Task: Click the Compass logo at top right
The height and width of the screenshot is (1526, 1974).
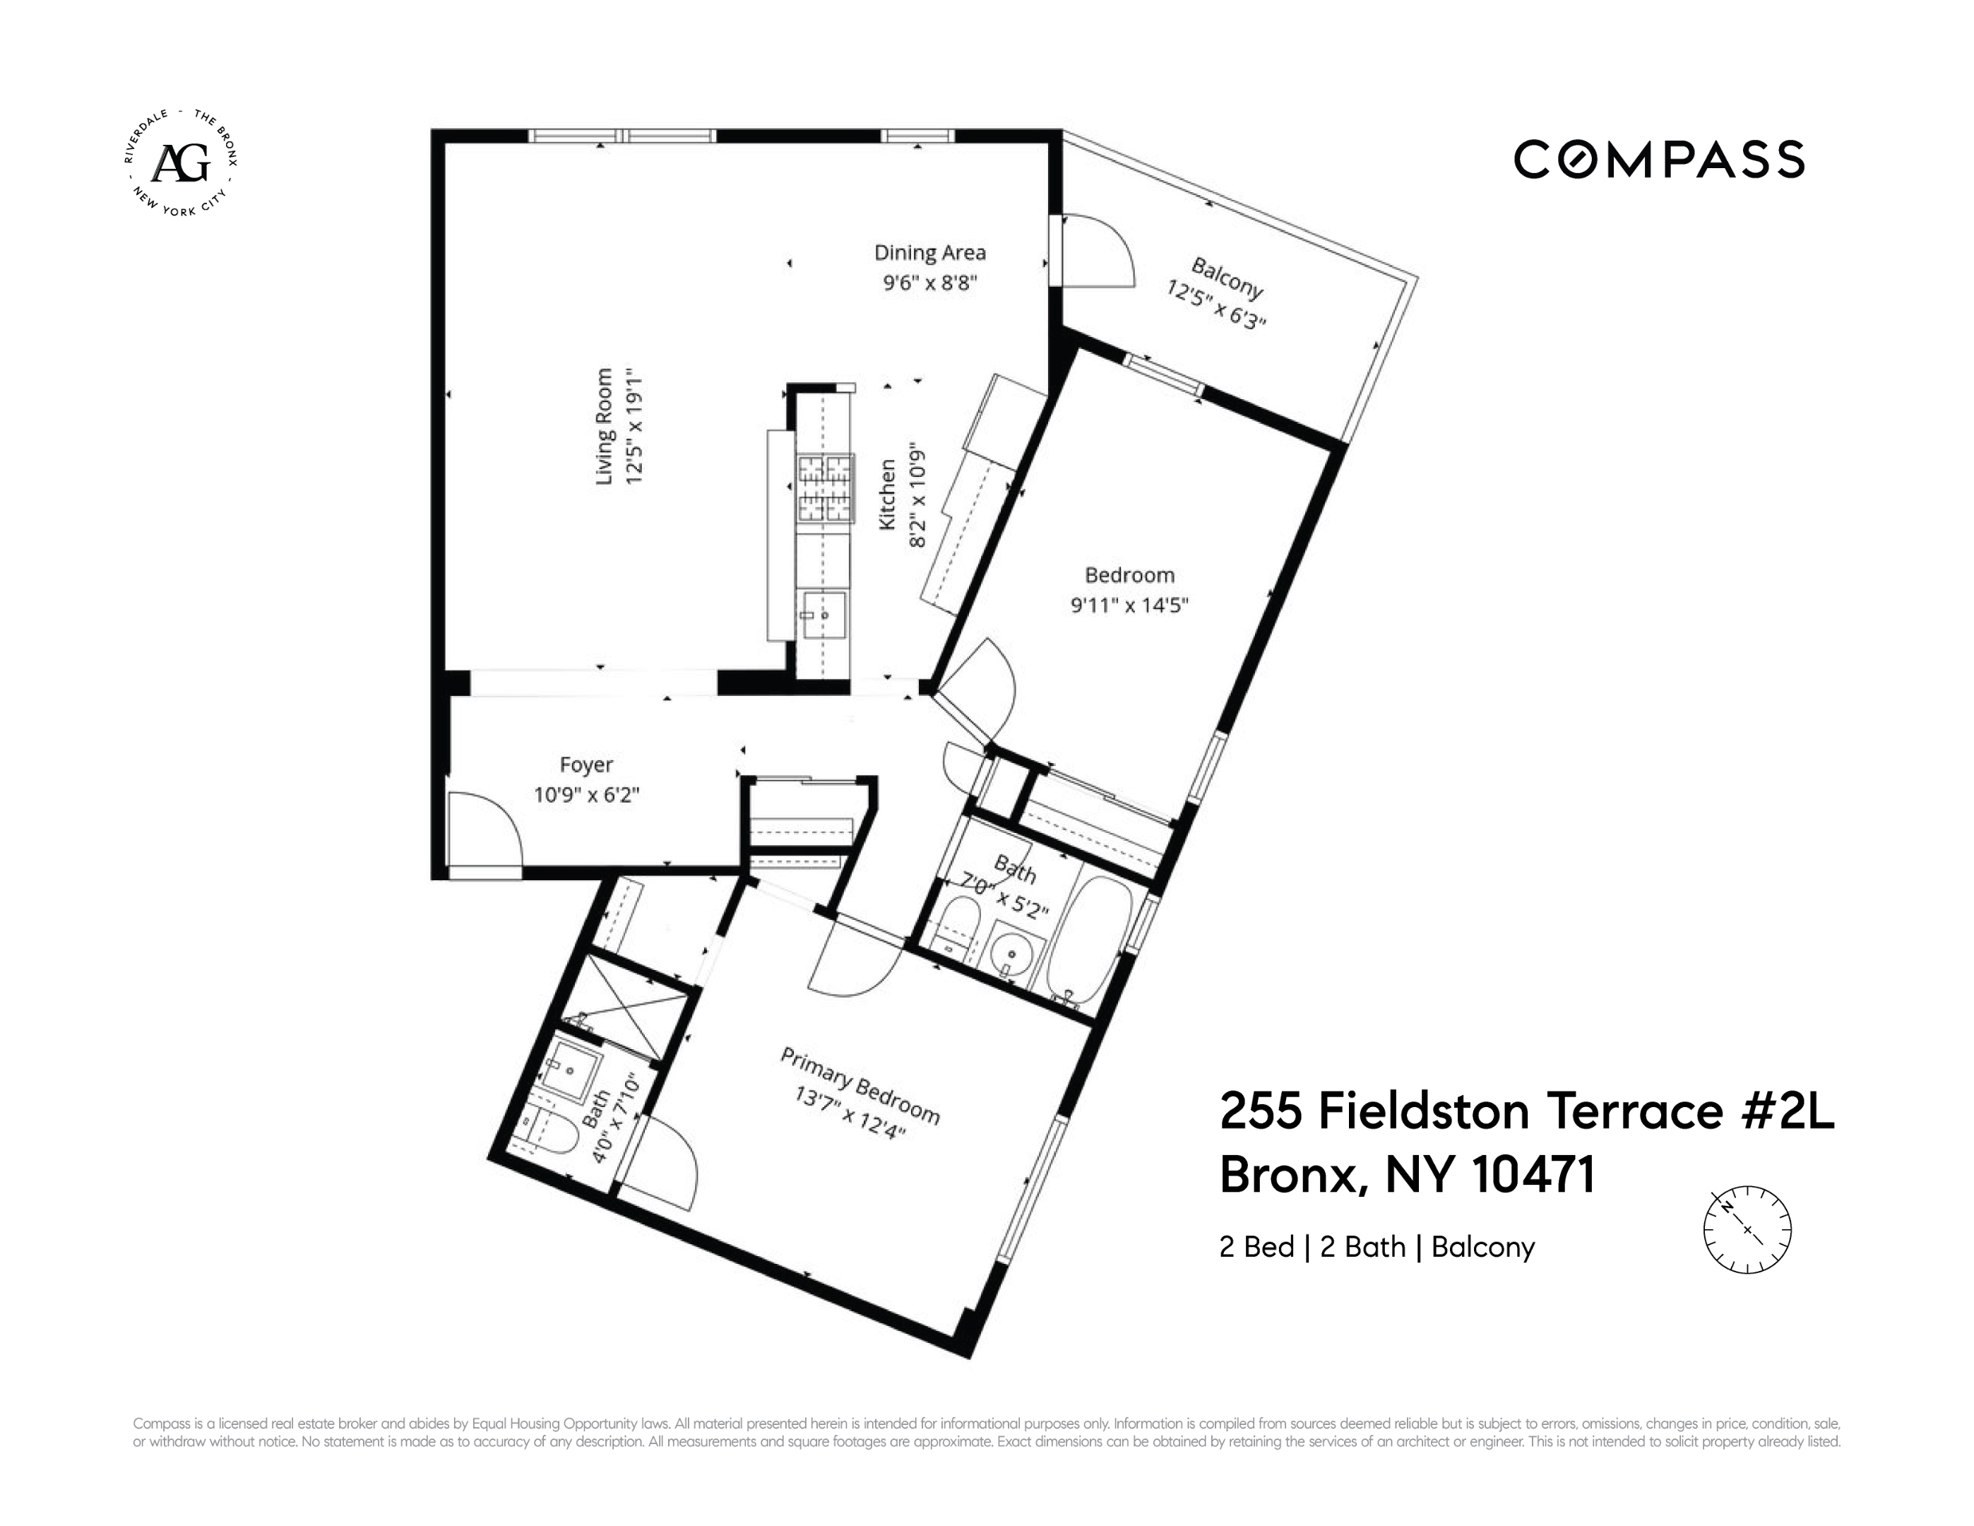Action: click(x=1658, y=159)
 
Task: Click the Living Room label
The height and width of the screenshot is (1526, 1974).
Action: click(x=604, y=426)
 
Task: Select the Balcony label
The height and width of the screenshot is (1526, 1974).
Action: click(x=1227, y=278)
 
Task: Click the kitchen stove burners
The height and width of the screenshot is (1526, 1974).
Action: click(x=824, y=488)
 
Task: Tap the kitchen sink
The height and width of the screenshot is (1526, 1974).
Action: click(x=824, y=615)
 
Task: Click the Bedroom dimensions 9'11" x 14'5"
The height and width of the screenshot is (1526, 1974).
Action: click(x=1129, y=605)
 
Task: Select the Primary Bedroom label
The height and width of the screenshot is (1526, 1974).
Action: click(x=860, y=1086)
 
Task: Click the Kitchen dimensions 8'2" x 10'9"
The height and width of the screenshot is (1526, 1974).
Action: click(x=917, y=495)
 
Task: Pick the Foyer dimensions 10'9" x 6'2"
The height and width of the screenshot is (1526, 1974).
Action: click(x=585, y=795)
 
